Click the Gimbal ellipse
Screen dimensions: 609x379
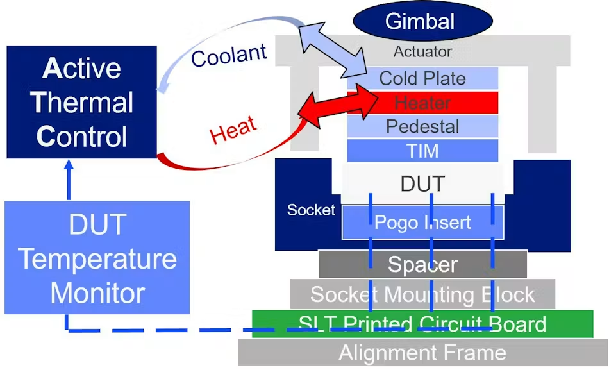point(422,21)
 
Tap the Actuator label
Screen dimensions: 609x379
point(422,52)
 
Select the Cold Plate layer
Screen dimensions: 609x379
point(422,78)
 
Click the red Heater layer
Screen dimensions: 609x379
point(422,103)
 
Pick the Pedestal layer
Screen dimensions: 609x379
point(422,127)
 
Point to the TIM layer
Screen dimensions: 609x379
point(422,151)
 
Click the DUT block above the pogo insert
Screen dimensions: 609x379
point(422,183)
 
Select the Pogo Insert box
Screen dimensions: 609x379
point(422,223)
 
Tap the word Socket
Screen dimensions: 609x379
point(311,210)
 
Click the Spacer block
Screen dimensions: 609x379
point(422,264)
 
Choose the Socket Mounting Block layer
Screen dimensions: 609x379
point(422,294)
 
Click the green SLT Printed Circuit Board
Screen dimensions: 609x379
point(422,324)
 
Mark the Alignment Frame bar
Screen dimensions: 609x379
point(422,353)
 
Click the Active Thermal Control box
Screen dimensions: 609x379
point(81,102)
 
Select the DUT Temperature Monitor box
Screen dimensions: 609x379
point(97,258)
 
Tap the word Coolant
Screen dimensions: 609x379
point(229,55)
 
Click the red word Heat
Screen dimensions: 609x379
point(233,130)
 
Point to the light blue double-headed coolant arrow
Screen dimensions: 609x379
point(333,49)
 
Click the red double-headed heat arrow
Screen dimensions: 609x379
point(337,105)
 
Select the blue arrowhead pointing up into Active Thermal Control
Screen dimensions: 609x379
point(69,164)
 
